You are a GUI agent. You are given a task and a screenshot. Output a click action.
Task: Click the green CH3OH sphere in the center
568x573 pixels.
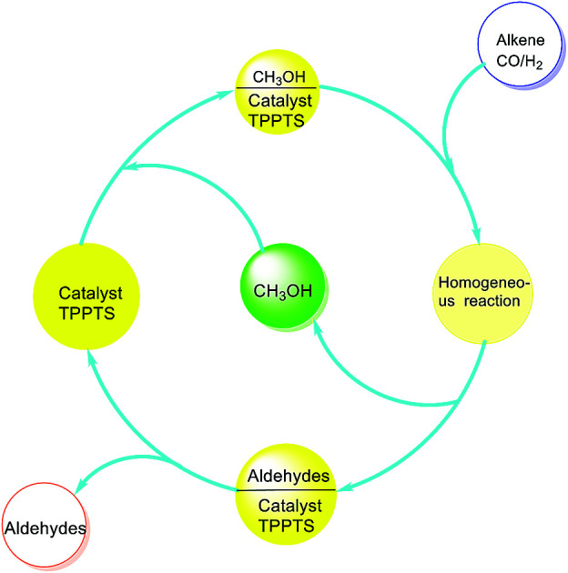(282, 291)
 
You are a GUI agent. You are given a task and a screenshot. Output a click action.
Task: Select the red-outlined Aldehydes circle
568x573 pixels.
(49, 527)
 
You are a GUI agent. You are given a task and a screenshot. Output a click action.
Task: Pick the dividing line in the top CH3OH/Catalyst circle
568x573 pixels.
(277, 88)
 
